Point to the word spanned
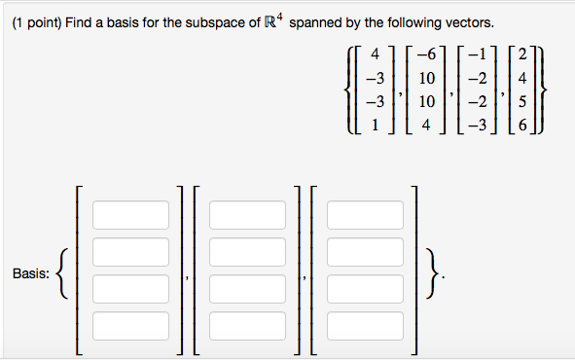tap(316, 21)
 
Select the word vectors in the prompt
tap(470, 21)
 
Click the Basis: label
tap(31, 274)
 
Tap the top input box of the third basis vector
tap(364, 214)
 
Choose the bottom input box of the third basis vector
tap(364, 325)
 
